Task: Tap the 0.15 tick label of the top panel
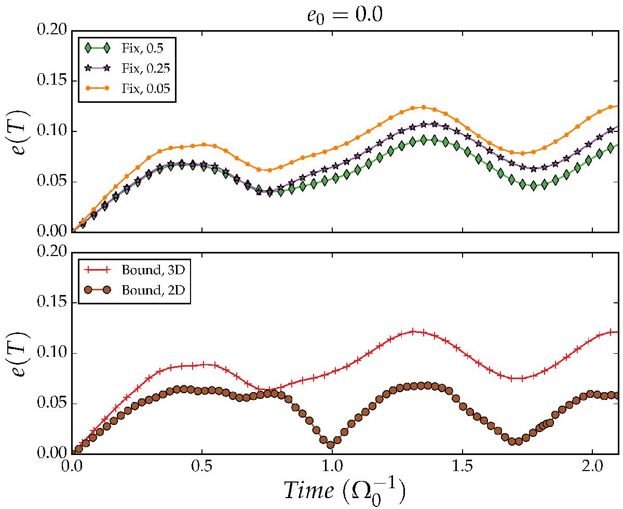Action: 53,81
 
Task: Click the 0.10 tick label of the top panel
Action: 53,131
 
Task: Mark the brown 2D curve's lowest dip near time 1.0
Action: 330,445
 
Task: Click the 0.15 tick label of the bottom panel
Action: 53,303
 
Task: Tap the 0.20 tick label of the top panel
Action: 53,30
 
